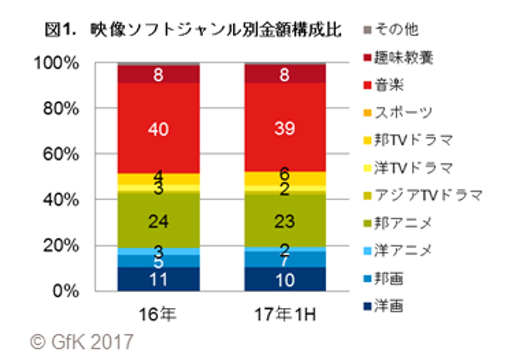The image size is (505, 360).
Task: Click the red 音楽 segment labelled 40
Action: coord(159,129)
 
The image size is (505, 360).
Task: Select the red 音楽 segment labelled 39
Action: coord(285,129)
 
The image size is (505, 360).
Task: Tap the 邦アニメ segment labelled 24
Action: coord(159,221)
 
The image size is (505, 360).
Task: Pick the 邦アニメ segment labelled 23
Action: coord(285,221)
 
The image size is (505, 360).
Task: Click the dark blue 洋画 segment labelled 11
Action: coord(159,279)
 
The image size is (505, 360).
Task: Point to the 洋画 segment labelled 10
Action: coord(285,279)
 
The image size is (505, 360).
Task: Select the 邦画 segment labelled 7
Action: coord(285,260)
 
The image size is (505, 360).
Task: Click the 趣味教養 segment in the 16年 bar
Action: coord(159,75)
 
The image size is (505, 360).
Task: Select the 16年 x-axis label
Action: coord(159,314)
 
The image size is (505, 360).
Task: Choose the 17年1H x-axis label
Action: coord(285,314)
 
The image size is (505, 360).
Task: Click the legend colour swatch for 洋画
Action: coord(366,307)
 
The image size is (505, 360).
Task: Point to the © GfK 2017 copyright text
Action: coord(82,342)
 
